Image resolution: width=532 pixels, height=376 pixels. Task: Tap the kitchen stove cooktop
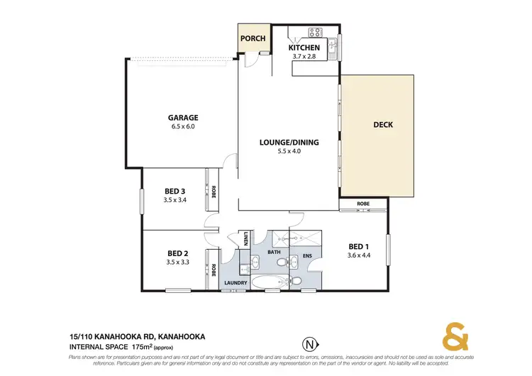click(315, 32)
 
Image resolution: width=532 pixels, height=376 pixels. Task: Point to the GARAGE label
click(183, 118)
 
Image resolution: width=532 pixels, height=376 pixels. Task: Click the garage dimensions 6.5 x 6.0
click(183, 127)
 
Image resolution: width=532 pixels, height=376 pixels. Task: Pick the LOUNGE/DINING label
click(289, 142)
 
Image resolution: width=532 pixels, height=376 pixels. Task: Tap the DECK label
click(383, 125)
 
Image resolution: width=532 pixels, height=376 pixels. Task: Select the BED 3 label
click(174, 191)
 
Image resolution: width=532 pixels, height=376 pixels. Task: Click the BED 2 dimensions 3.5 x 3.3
click(177, 262)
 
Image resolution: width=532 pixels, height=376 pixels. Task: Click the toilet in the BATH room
click(282, 264)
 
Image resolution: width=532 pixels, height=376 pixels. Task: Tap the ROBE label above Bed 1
click(363, 204)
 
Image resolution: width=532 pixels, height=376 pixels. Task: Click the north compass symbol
click(309, 344)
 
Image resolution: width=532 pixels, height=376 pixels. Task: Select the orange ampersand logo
click(456, 336)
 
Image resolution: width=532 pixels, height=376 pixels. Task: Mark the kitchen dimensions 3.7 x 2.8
click(304, 57)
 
